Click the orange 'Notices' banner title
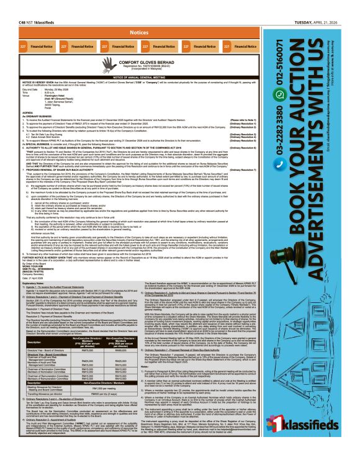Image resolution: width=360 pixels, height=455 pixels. [x=139, y=31]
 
